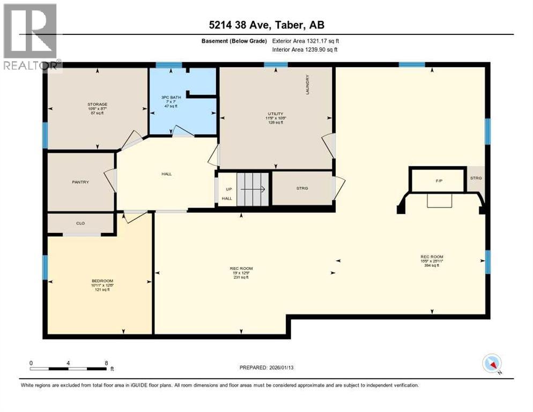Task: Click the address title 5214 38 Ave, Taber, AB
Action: coord(266,25)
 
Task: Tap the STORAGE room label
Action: coord(98,104)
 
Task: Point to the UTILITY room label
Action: coord(276,114)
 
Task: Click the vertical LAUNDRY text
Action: coord(308,84)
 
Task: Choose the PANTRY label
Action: coord(80,182)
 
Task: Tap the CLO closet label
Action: coord(80,223)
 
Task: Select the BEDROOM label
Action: coord(101,281)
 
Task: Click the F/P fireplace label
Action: coord(438,181)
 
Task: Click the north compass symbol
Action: coord(491,364)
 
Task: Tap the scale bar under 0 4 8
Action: coord(68,369)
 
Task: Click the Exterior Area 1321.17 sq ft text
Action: coord(305,40)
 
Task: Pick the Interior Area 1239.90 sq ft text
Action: coord(305,49)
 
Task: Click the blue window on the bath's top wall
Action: coord(168,65)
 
